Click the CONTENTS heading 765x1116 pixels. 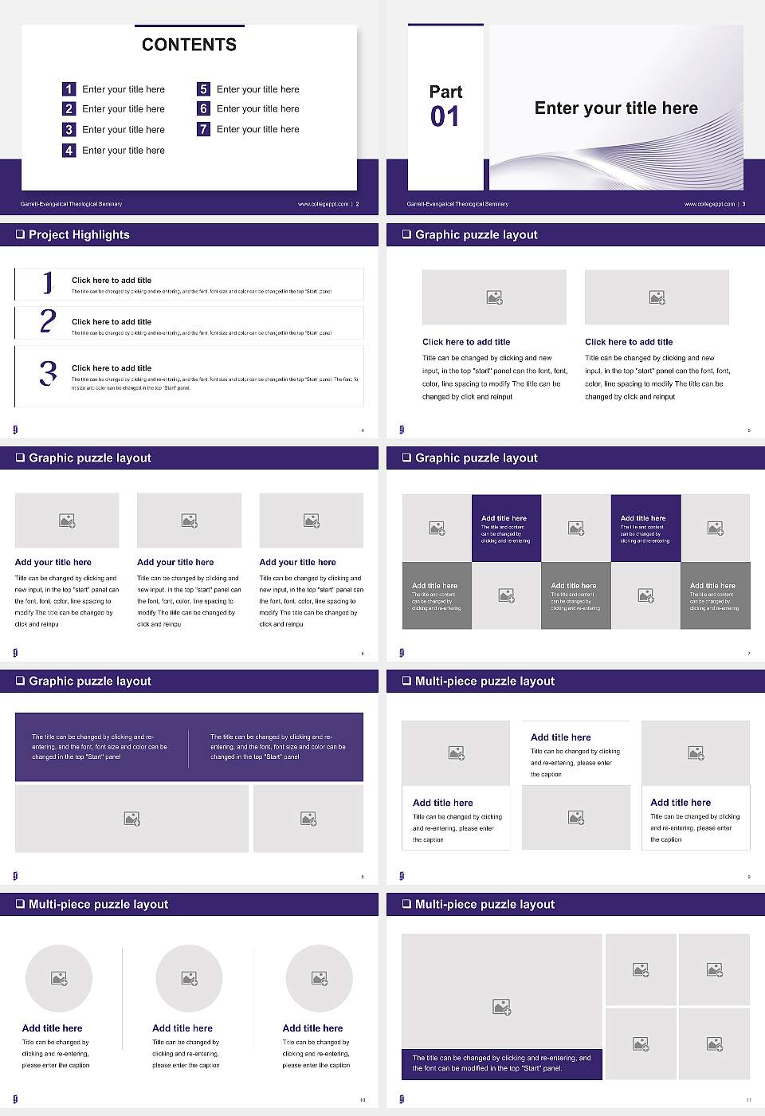click(x=189, y=45)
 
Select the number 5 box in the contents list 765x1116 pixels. click(x=203, y=89)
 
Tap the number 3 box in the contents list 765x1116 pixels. click(x=69, y=129)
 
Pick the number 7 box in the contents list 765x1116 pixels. click(x=203, y=129)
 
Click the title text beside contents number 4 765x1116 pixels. click(x=123, y=150)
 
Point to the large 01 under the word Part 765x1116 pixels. click(x=445, y=117)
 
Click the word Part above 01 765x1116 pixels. click(x=445, y=92)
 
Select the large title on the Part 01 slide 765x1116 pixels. click(x=615, y=108)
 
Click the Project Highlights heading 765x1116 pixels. click(x=79, y=234)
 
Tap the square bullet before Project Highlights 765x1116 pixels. click(x=20, y=234)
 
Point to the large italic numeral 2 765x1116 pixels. click(x=48, y=321)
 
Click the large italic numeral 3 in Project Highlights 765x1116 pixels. click(x=48, y=373)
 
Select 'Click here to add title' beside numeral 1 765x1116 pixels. click(x=112, y=280)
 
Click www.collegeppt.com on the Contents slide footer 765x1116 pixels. click(x=323, y=204)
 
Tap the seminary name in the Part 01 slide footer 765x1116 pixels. click(x=457, y=204)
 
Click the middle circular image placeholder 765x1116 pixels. click(x=189, y=978)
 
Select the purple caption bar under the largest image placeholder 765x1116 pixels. click(x=501, y=1063)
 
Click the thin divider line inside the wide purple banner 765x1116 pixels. click(x=189, y=748)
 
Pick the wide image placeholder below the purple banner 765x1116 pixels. click(x=131, y=819)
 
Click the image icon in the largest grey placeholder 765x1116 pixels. click(x=501, y=1008)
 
